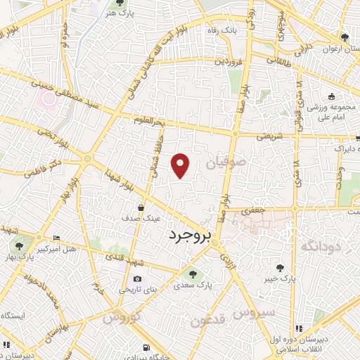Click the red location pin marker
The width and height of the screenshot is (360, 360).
click(181, 165)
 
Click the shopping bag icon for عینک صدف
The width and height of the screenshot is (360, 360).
click(141, 207)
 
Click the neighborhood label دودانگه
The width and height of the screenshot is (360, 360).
click(321, 246)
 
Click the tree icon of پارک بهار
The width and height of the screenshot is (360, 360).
click(18, 246)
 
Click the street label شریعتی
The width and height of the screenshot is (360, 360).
click(270, 136)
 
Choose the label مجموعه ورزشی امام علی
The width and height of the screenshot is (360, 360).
click(334, 113)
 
